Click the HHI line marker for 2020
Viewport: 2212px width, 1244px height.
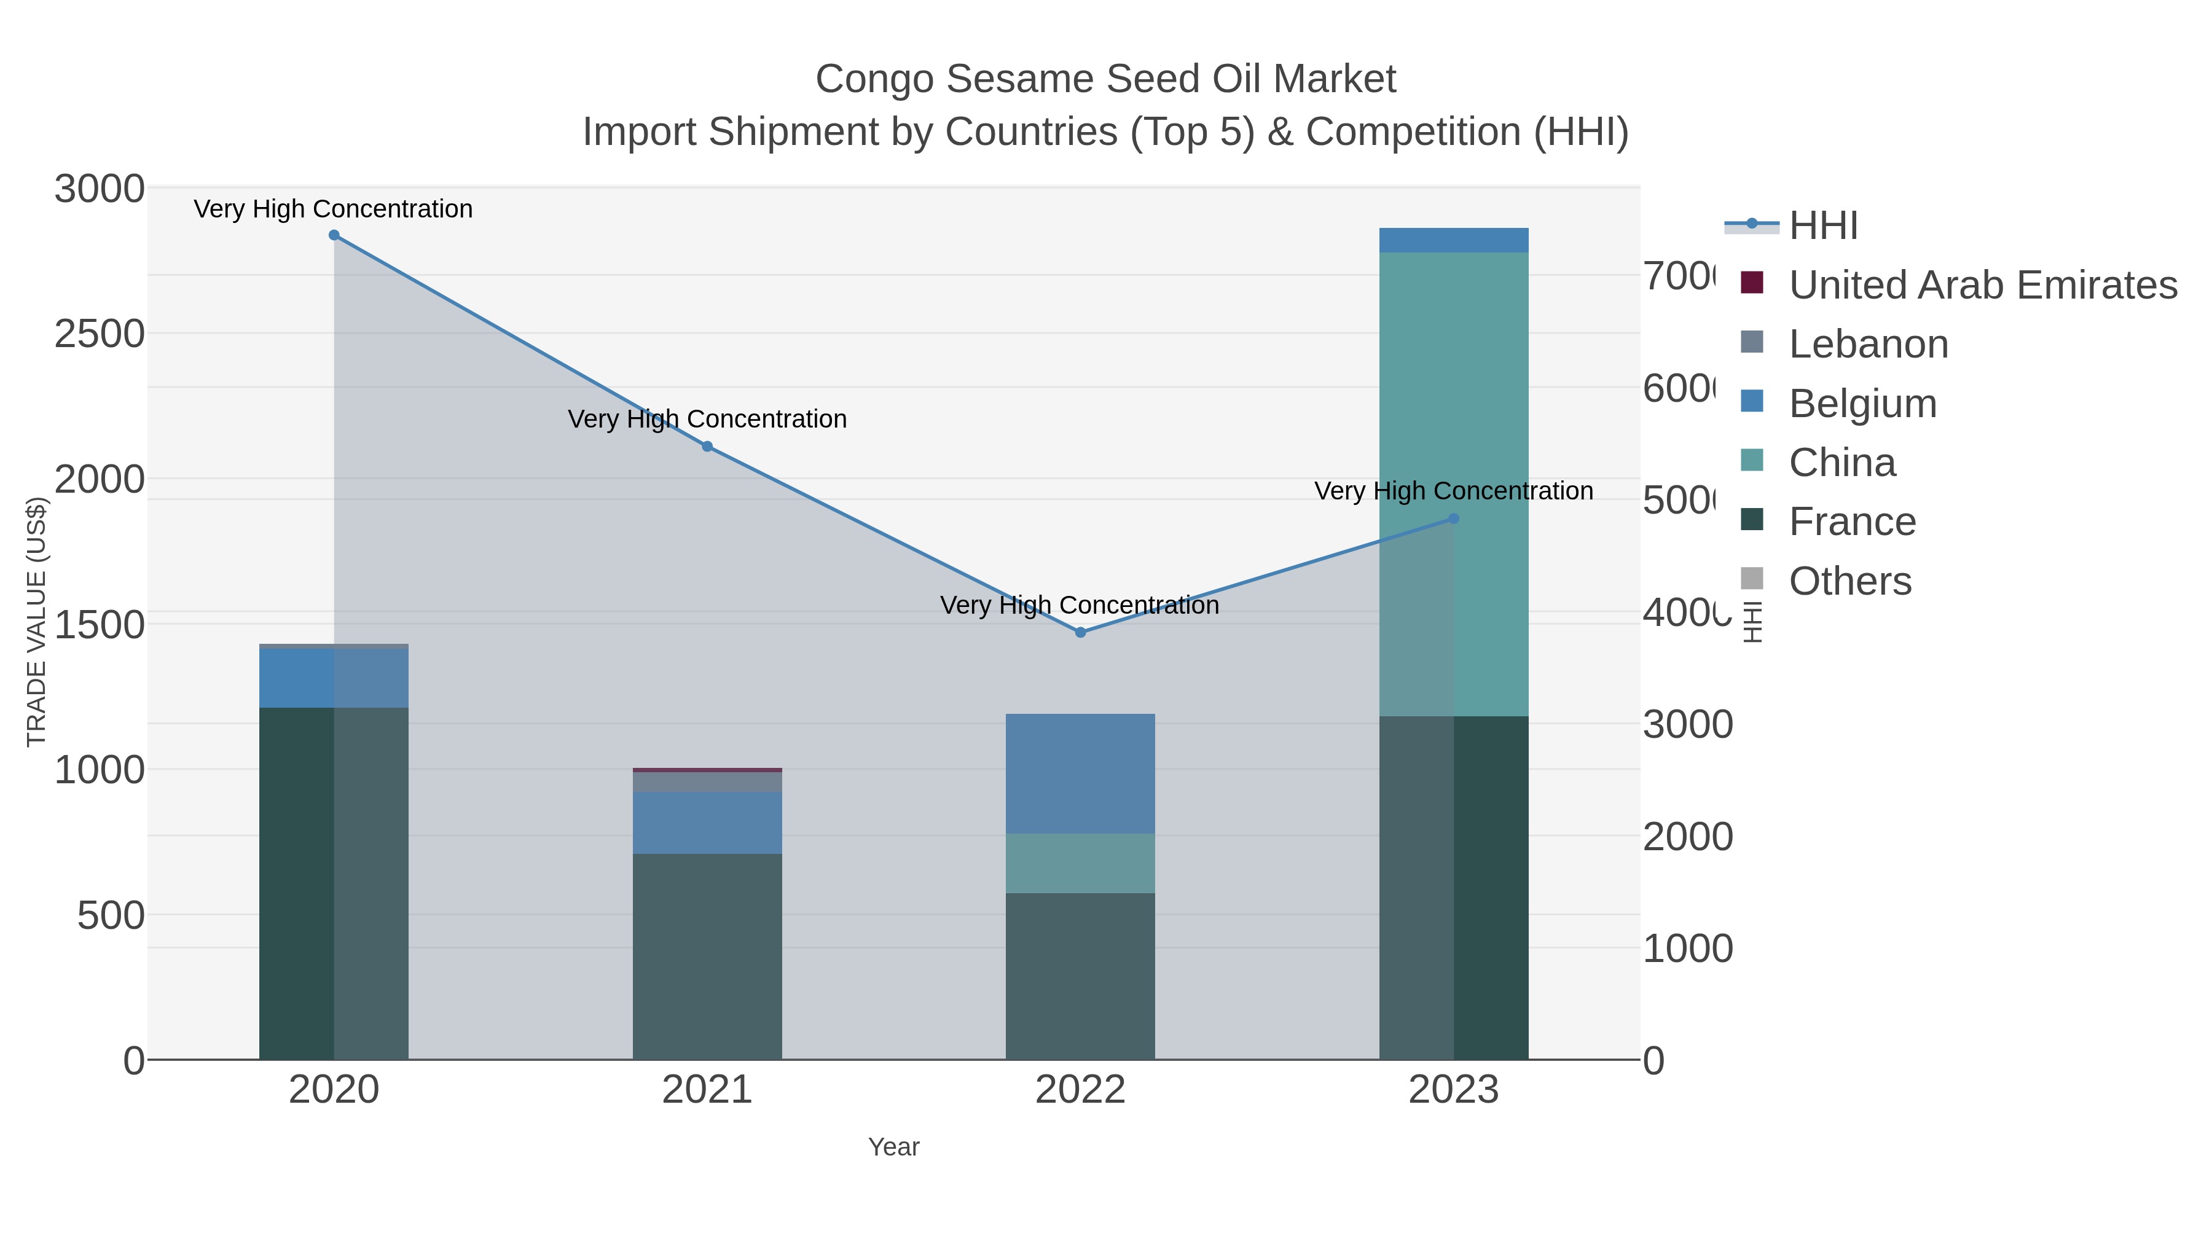(334, 235)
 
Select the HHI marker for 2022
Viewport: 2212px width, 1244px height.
(1080, 633)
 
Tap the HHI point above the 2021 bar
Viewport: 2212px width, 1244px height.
(707, 447)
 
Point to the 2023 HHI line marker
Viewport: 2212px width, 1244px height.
(1454, 518)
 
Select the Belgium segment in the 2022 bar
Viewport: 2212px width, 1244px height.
(1080, 773)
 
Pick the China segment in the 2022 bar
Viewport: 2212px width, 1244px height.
(1080, 863)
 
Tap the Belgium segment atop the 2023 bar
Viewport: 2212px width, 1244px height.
(1454, 240)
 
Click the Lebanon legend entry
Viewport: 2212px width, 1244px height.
(1868, 344)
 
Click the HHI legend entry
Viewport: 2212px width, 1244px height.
(1822, 226)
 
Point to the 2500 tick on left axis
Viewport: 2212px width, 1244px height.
(100, 334)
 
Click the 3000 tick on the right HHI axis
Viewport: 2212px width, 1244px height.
(1687, 725)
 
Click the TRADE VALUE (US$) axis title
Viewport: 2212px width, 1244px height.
(36, 622)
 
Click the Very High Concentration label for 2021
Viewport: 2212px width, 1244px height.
(707, 419)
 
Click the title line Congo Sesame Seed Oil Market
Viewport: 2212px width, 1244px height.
(1105, 79)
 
